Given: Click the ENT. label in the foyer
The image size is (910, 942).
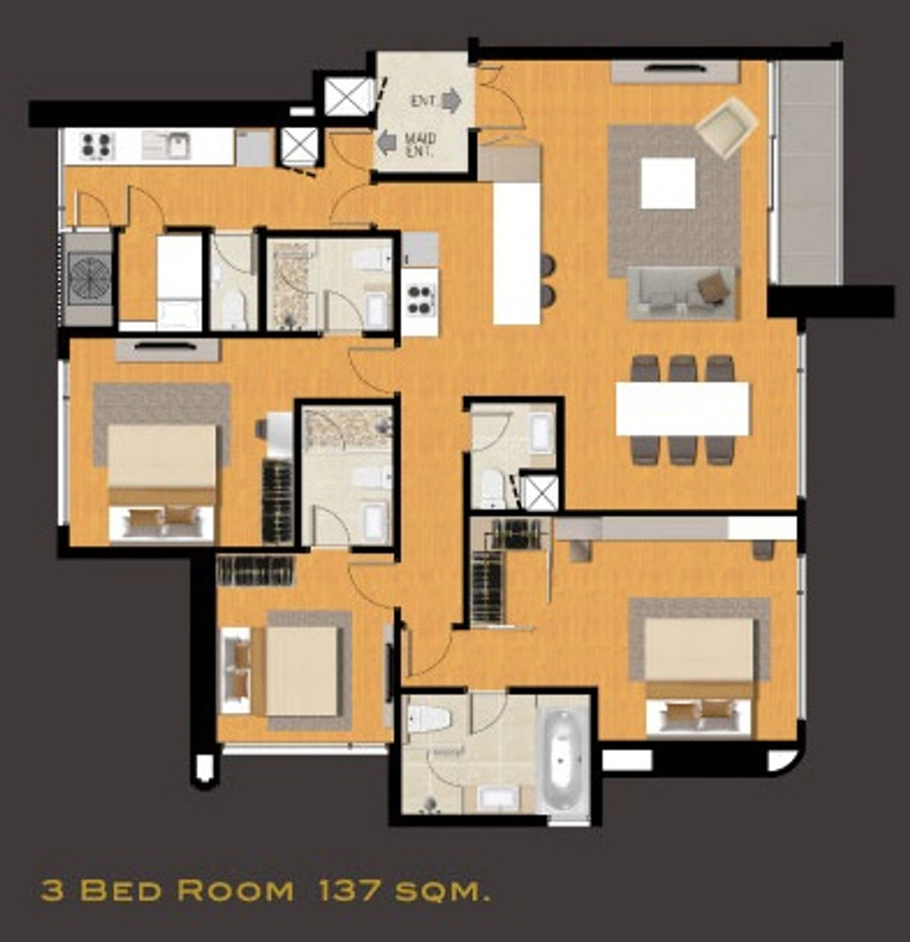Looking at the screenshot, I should [x=424, y=101].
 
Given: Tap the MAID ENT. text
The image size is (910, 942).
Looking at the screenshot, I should [x=420, y=144].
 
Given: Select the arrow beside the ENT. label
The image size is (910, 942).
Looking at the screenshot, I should [x=451, y=100].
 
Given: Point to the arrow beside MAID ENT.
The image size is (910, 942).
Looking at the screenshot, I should [x=388, y=142].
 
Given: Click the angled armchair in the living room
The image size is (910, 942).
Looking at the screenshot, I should [x=726, y=127].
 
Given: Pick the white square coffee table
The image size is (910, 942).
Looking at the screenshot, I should [x=667, y=183].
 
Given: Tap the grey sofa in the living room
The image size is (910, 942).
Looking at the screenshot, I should [x=682, y=293].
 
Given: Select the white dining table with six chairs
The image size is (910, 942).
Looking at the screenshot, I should [x=682, y=408].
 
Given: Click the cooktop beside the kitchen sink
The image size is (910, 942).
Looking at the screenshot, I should [x=97, y=146].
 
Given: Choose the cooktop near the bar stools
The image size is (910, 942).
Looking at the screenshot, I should [x=419, y=298].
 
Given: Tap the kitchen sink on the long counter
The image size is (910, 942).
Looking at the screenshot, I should [x=168, y=145].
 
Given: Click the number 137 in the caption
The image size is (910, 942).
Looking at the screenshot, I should [x=350, y=890].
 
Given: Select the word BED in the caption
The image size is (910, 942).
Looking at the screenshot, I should [x=121, y=890].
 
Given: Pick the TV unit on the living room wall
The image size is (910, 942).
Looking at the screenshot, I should [x=675, y=72].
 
